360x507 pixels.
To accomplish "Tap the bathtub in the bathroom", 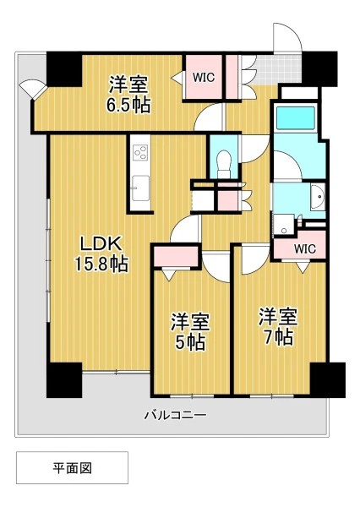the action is tap(296, 117).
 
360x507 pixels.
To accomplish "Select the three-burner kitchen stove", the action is tap(140, 152).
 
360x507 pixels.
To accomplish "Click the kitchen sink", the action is tap(140, 188).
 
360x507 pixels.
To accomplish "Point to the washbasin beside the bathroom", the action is tap(317, 197).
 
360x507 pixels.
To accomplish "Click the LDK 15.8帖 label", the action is tap(101, 253).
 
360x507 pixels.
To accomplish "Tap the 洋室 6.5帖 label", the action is tap(128, 94).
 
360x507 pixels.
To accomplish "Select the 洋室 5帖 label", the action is tap(190, 331).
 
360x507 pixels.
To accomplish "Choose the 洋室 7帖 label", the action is tap(278, 326).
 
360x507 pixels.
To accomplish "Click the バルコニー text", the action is tap(175, 415).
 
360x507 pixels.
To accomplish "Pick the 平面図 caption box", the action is tap(72, 467).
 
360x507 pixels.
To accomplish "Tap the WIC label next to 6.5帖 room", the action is tap(204, 77).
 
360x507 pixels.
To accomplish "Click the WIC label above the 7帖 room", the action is tap(305, 248).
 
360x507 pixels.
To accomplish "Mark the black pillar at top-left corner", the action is tap(64, 69).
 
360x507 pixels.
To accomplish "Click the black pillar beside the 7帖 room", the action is tap(327, 380).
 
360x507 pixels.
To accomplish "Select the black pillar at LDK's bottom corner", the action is tap(64, 380).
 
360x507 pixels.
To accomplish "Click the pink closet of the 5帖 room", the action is tap(176, 256).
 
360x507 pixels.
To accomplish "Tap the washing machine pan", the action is tap(283, 224).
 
